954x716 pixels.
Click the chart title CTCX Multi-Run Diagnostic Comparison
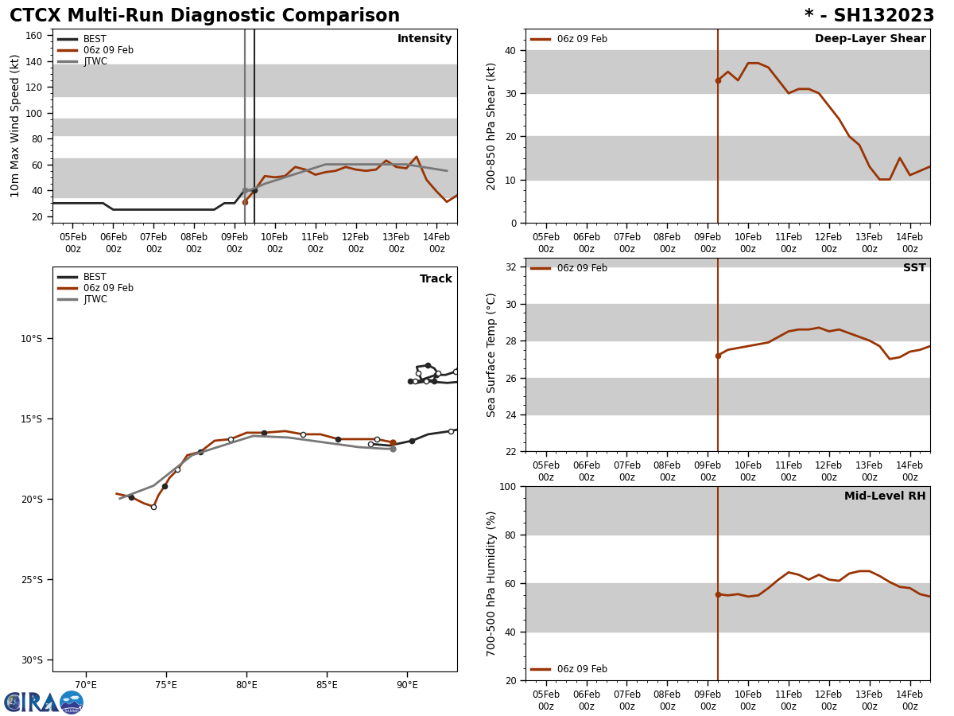(204, 16)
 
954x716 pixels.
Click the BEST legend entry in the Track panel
(95, 277)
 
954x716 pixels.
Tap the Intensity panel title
(425, 39)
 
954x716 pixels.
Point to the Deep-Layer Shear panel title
(870, 39)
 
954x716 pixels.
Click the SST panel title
(913, 268)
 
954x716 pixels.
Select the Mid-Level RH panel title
(884, 496)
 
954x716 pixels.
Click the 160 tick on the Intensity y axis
(33, 36)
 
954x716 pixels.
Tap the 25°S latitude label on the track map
(30, 579)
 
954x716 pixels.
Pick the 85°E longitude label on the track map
(327, 684)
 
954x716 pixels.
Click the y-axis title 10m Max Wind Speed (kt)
(15, 126)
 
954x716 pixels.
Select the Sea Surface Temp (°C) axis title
(491, 355)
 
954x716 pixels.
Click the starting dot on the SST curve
(718, 356)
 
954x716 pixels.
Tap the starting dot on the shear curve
(718, 80)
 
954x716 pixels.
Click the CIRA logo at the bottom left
(44, 702)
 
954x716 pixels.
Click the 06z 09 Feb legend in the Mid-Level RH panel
(581, 669)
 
